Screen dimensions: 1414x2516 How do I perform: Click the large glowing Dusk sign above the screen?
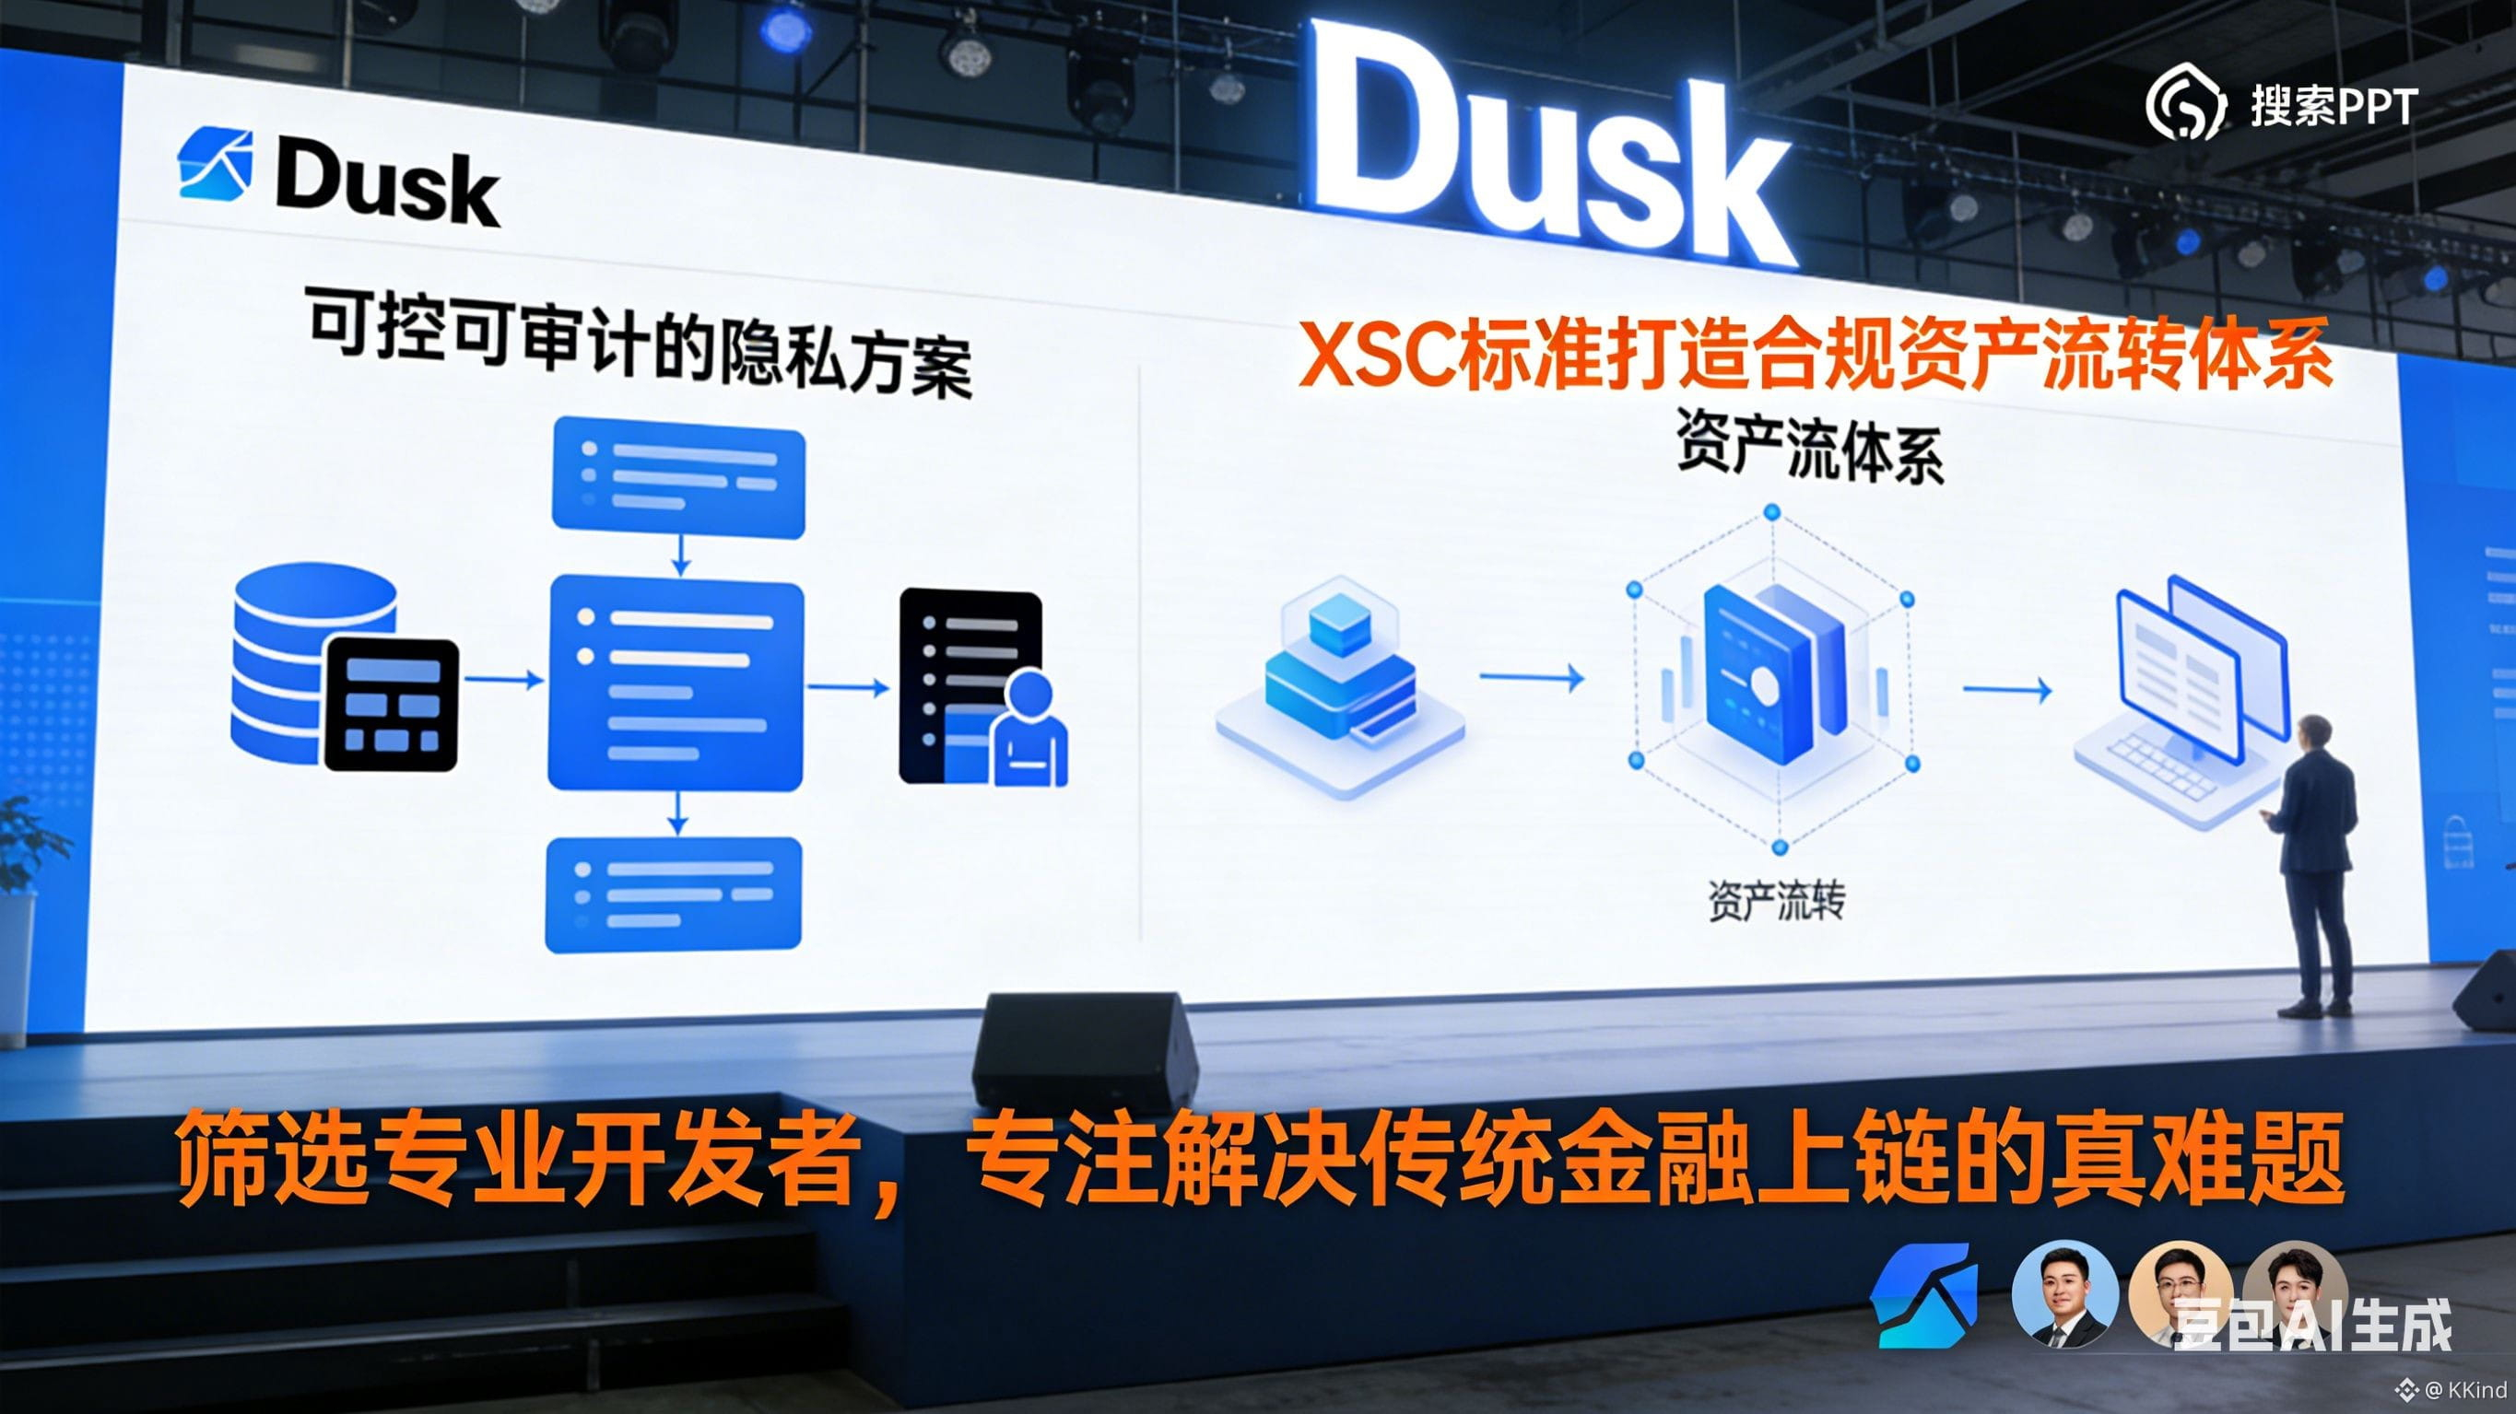(1553, 146)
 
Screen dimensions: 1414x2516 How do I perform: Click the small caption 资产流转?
(1777, 901)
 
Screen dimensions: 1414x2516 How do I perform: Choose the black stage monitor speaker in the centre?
(1084, 1050)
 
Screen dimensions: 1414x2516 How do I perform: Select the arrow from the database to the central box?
(503, 680)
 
